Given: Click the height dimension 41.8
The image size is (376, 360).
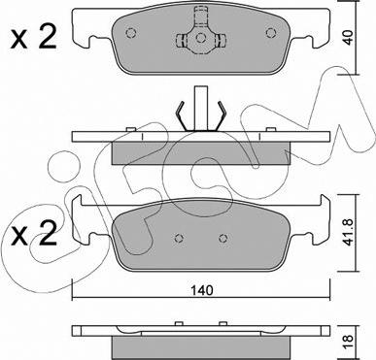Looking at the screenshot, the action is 348,232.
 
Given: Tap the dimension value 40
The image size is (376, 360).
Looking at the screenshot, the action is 348,38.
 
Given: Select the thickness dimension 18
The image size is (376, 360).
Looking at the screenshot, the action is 348,343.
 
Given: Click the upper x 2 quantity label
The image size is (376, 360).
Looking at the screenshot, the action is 34,38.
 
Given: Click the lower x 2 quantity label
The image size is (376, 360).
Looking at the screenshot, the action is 34,235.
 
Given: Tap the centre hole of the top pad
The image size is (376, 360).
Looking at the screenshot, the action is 201,38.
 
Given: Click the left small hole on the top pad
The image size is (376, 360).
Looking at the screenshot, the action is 130,33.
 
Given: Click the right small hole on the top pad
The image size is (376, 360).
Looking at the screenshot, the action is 271,33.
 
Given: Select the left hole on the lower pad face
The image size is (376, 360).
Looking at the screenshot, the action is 179,238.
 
